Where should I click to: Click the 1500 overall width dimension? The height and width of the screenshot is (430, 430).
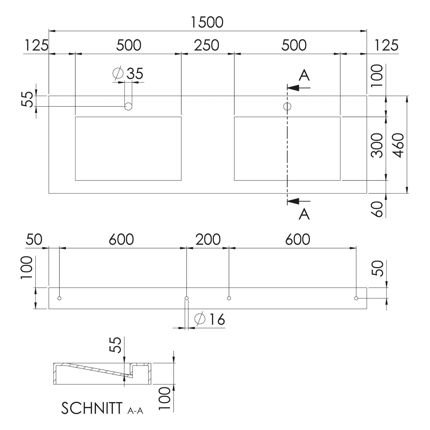tap(207, 22)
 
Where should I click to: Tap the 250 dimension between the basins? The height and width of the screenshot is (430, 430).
tap(207, 45)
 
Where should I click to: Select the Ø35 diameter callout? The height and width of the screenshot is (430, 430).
tap(128, 73)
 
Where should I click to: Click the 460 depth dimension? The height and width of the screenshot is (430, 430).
tap(399, 145)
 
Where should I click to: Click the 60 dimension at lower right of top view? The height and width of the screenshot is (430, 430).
tap(377, 209)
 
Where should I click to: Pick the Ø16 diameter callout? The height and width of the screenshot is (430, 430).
tap(210, 319)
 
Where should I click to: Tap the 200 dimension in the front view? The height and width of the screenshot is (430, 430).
tap(208, 239)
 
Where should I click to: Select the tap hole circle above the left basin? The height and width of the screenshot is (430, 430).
tap(128, 107)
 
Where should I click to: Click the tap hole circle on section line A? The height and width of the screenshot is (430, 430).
tap(287, 107)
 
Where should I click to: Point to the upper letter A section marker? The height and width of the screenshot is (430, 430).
tap(304, 75)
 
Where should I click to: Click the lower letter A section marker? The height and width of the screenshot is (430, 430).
tap(304, 214)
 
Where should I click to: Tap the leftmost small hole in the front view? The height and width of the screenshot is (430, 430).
tap(59, 298)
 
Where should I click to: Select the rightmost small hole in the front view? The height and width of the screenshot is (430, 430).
tap(356, 298)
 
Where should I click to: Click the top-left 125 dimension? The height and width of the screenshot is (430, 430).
tap(36, 45)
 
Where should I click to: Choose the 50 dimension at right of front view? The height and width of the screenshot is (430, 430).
tap(379, 268)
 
